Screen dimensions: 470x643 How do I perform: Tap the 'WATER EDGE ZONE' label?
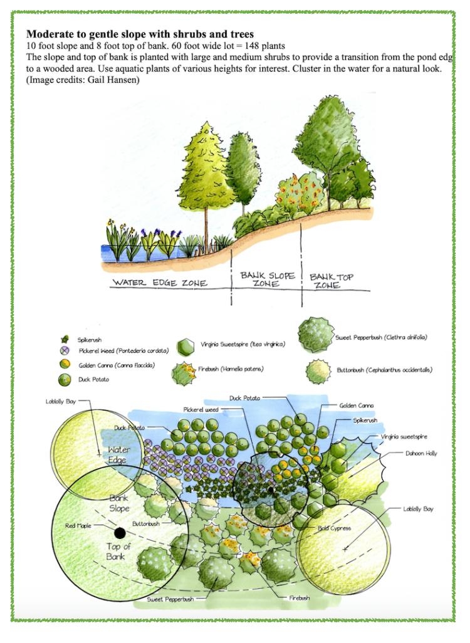159,283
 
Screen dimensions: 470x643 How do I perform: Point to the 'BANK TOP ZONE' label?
328,280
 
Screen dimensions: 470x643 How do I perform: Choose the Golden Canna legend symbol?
63,364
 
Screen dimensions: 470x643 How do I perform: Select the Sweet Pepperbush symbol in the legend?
316,337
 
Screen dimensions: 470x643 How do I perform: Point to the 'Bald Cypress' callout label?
335,528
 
